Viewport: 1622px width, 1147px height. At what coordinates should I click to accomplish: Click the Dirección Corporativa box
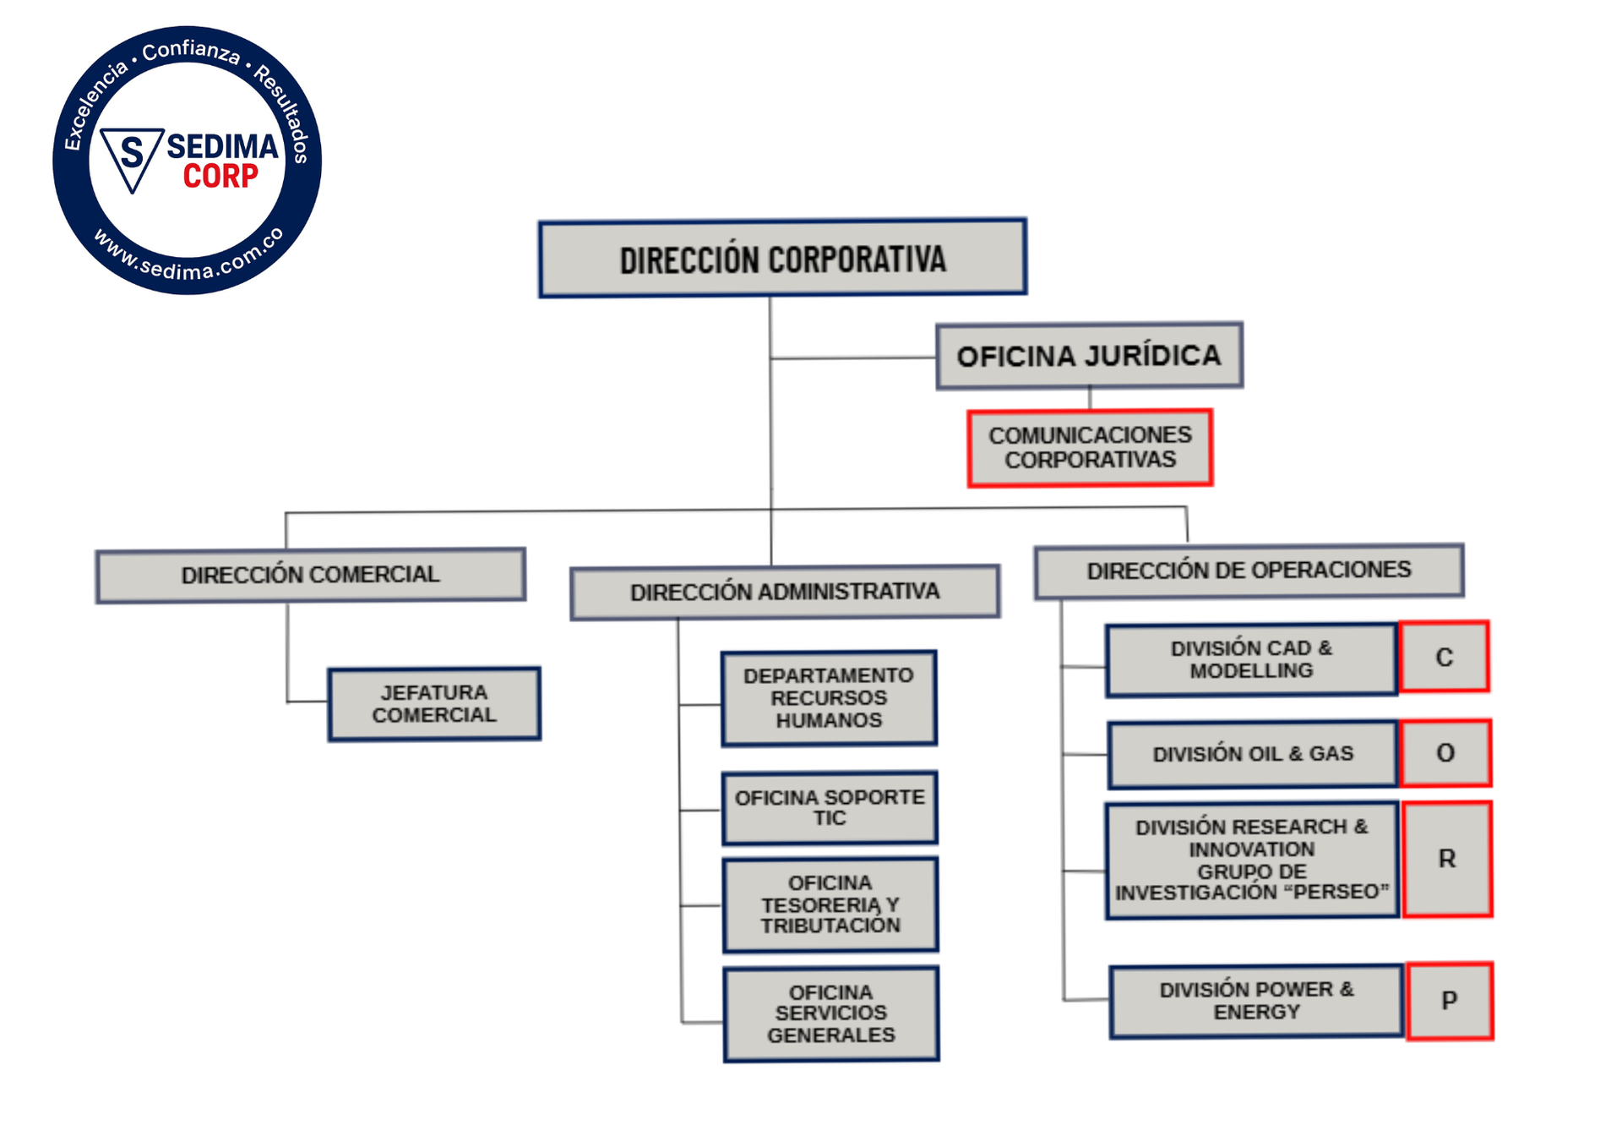click(782, 259)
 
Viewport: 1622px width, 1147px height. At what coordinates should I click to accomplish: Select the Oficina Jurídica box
click(1089, 356)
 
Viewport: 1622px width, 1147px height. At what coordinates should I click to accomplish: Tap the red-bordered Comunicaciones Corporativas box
click(1090, 448)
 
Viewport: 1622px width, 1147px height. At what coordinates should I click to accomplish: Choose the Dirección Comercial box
click(310, 576)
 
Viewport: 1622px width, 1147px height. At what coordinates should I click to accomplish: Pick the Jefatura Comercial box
click(434, 704)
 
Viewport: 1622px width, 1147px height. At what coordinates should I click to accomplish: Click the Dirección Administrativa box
click(785, 593)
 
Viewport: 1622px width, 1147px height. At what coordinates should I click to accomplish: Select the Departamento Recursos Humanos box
click(829, 698)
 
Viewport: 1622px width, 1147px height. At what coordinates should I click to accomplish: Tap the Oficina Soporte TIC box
click(830, 808)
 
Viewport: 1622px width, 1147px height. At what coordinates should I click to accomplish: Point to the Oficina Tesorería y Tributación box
click(830, 904)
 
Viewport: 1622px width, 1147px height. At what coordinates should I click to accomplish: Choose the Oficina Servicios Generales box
click(831, 1013)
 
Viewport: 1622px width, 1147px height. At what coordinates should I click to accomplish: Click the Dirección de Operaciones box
click(1249, 571)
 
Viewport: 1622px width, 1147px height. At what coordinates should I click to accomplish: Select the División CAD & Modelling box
click(1251, 660)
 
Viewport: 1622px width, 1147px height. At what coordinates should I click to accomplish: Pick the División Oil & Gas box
click(1253, 754)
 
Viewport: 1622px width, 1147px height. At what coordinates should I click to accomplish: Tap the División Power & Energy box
click(1256, 1002)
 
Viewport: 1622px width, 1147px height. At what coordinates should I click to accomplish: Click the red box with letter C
click(1445, 657)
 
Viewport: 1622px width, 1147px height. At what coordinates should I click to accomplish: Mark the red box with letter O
click(1445, 752)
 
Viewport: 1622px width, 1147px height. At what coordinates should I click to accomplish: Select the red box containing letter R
click(1447, 859)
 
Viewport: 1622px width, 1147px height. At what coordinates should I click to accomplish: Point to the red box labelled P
click(1450, 1001)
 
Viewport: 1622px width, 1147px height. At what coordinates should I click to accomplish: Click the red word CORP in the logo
click(221, 177)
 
